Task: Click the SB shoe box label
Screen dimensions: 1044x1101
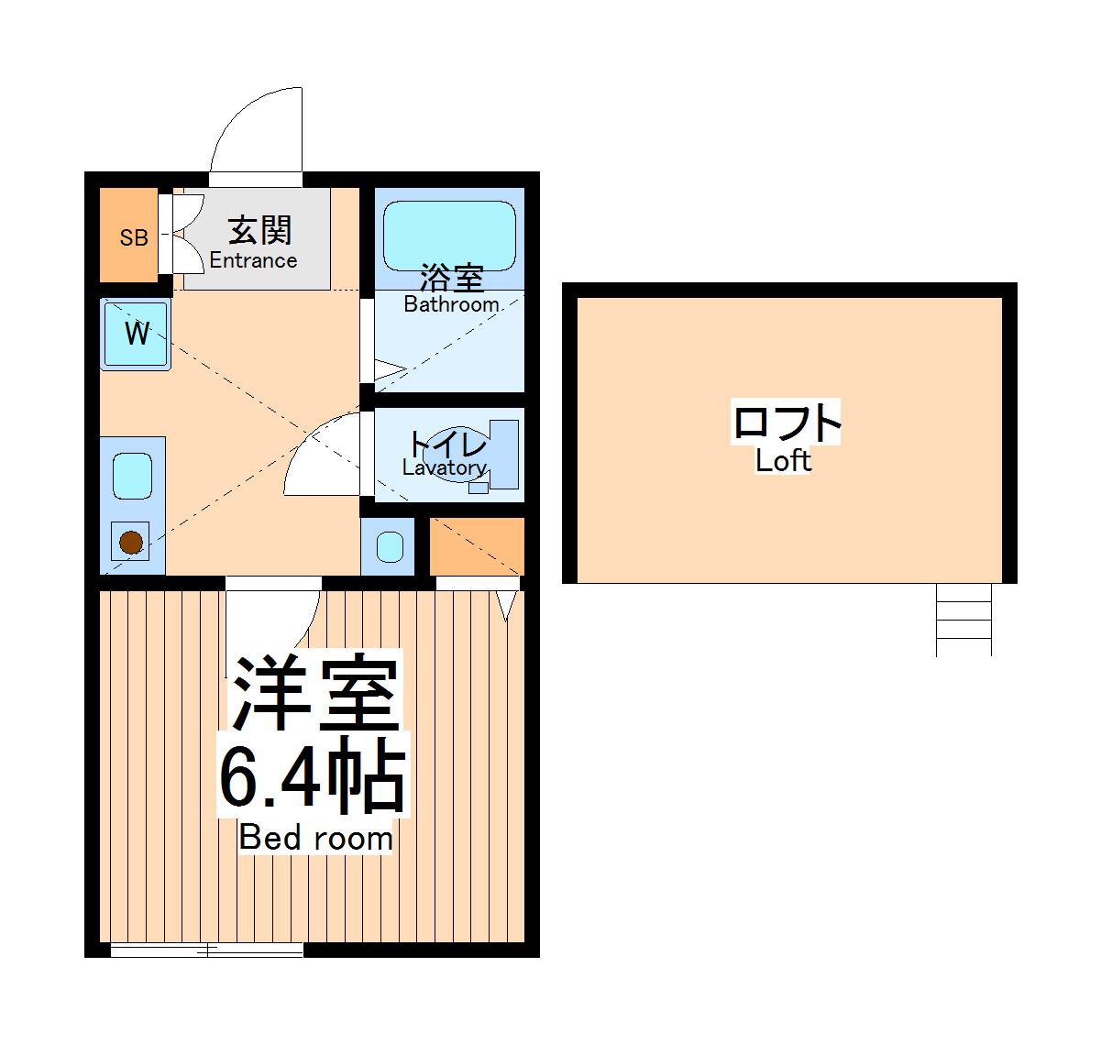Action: click(x=134, y=238)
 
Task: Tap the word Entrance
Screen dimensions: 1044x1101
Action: click(x=253, y=260)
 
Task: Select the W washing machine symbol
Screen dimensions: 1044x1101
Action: click(x=136, y=335)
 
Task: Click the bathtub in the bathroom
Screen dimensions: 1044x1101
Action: click(x=448, y=234)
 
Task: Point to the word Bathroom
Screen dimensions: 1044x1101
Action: click(x=451, y=304)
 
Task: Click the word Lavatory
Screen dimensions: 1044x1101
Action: click(x=444, y=468)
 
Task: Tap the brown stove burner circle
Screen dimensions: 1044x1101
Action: click(x=132, y=544)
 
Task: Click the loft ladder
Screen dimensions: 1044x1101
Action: click(x=963, y=620)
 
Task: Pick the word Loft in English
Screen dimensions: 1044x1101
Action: click(x=783, y=461)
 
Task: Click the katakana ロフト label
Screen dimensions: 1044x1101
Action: click(x=786, y=423)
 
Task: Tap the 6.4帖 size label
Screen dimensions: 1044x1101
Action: click(x=311, y=781)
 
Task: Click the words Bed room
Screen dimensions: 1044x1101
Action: click(x=315, y=838)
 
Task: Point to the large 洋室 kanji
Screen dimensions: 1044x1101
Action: click(x=314, y=695)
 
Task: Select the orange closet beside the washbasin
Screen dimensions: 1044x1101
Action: click(x=476, y=545)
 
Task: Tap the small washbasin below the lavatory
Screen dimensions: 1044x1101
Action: click(x=390, y=547)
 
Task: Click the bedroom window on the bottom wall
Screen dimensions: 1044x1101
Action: click(x=206, y=950)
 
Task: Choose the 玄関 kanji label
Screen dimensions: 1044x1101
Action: click(x=259, y=230)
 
